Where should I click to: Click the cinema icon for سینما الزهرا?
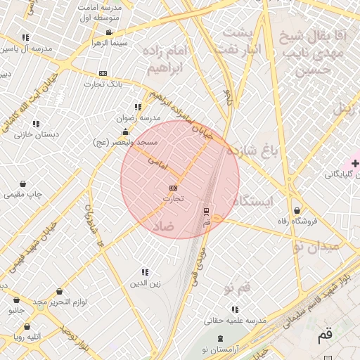tap(109, 32)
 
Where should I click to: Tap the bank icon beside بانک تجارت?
tap(103, 73)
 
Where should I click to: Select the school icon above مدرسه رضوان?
tap(138, 107)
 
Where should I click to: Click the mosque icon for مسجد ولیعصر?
tap(125, 131)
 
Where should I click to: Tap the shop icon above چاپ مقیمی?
tap(25, 184)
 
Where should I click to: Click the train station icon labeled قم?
tap(206, 211)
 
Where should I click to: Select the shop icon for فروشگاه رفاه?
tap(297, 210)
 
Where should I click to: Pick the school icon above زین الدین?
tap(145, 272)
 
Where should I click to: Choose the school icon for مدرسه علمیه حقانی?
tap(235, 309)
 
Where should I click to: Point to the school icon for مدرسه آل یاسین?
tap(26, 37)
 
